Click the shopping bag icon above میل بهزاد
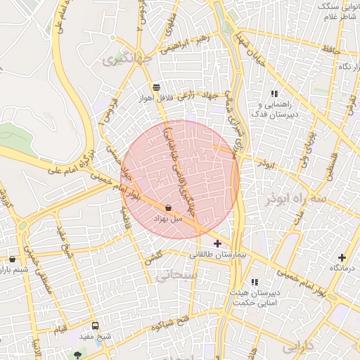169,208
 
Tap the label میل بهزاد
168,219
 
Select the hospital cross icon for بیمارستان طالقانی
217,243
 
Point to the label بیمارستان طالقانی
216,255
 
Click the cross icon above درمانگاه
342,257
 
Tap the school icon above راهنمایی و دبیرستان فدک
274,94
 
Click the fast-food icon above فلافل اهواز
155,86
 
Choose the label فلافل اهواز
155,97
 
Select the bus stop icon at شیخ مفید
96,326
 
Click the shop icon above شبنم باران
12,259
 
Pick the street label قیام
62,328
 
